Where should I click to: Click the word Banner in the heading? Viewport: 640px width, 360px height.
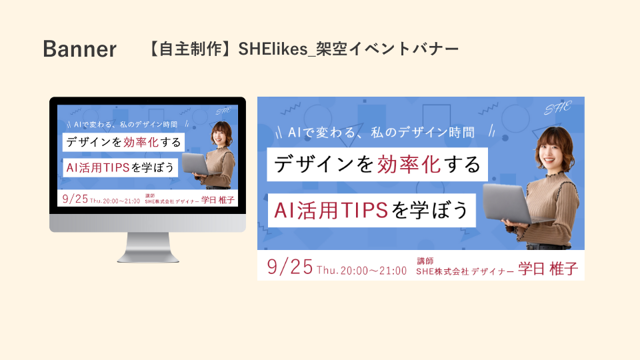click(79, 49)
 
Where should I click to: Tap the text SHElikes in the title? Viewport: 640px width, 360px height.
click(273, 49)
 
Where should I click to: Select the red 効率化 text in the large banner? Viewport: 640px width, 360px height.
click(409, 165)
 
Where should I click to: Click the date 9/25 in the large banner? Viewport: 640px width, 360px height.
click(290, 267)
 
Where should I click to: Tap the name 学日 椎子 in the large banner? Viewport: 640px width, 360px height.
click(548, 269)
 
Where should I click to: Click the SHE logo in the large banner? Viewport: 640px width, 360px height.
click(558, 108)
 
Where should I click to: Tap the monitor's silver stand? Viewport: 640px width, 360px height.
click(148, 247)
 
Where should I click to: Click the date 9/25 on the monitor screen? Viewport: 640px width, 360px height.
click(75, 199)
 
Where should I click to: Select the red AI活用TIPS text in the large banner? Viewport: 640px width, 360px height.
click(331, 210)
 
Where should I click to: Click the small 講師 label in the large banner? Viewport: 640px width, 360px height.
click(425, 261)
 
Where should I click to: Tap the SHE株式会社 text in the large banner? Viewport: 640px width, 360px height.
click(443, 271)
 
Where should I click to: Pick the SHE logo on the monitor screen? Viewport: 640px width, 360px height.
click(223, 111)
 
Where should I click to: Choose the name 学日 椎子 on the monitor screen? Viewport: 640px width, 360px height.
click(218, 199)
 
